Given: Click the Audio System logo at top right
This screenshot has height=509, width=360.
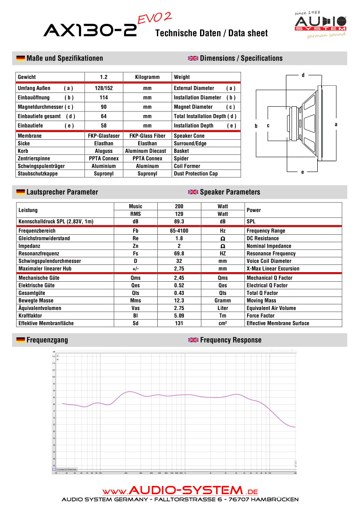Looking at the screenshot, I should coord(320,25).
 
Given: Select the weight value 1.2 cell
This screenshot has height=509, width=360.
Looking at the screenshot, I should coord(104,77).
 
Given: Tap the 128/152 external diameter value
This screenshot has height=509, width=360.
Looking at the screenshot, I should coord(104,88).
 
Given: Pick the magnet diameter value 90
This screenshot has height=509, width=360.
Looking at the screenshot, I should coord(104,107).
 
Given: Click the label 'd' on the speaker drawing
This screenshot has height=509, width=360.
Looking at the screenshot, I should coord(303,75).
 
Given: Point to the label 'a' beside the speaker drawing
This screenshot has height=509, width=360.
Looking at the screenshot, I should coord(336,125).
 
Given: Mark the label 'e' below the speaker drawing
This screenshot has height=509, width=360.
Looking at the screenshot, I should coord(302,172).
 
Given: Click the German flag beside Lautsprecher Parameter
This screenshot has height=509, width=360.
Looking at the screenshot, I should coord(20,192).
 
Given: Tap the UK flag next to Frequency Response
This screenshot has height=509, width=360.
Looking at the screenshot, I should coord(193,340).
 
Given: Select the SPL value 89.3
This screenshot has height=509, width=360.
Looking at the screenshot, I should coord(179,222).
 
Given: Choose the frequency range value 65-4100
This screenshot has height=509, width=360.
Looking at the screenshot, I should coord(179,231).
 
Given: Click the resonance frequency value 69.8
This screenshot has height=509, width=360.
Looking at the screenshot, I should coord(179,253).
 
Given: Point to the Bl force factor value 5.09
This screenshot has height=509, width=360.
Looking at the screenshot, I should coord(179,316).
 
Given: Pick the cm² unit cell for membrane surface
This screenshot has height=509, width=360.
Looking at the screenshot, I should coord(223,323).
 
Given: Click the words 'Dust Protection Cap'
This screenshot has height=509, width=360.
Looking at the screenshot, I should coord(196,174).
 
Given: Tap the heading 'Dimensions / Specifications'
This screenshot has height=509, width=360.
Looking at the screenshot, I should coord(241,58).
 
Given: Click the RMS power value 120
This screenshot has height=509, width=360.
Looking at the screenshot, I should coord(179,214).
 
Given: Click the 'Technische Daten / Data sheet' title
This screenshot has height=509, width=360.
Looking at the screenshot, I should coord(211,34).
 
